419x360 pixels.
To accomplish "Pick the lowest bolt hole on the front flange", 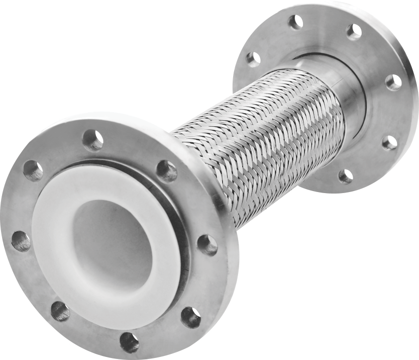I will [129, 342].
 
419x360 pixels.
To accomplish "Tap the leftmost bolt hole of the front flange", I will [21, 241].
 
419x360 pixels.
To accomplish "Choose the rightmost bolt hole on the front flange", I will [207, 245].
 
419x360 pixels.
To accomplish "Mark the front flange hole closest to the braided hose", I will [166, 171].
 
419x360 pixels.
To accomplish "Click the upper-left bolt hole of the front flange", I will [33, 170].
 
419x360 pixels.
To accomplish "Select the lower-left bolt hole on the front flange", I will [60, 311].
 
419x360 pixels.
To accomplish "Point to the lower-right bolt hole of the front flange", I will [191, 317].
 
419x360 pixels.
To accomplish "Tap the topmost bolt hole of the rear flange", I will [296, 22].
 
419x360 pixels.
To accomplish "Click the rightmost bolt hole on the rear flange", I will [393, 82].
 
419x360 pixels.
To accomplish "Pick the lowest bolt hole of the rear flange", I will [345, 176].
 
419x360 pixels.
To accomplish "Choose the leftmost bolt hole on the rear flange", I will [253, 59].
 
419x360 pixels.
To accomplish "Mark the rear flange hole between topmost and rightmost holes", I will [354, 32].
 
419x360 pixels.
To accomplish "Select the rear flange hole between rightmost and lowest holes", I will [389, 143].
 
